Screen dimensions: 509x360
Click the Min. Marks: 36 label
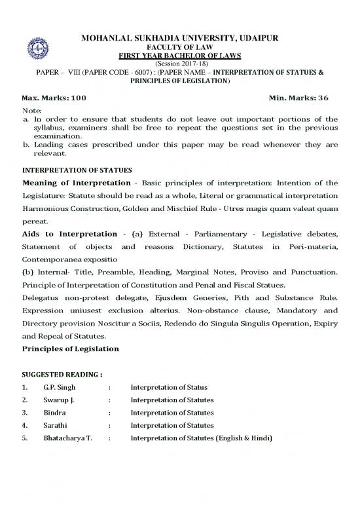(298, 98)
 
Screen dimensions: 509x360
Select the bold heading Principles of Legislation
(70, 349)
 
